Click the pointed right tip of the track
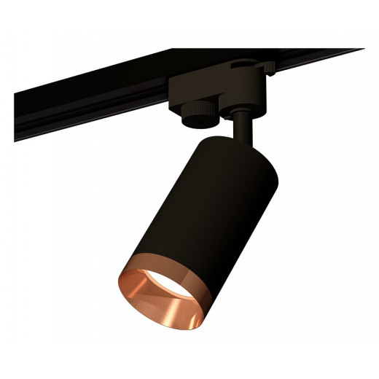362,50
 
